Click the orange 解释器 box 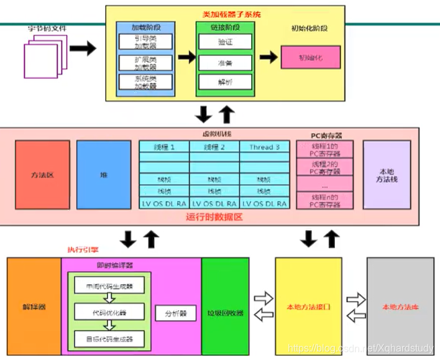click(34, 307)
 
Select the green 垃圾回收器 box click(225, 307)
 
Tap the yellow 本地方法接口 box click(308, 307)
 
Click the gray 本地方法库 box click(400, 307)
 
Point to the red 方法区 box click(42, 175)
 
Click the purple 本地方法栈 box click(386, 175)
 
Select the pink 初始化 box click(311, 57)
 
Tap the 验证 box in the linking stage click(225, 42)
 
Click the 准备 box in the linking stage click(225, 62)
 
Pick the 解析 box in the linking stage click(225, 82)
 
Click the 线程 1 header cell click(163, 147)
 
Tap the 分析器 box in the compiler click(176, 313)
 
